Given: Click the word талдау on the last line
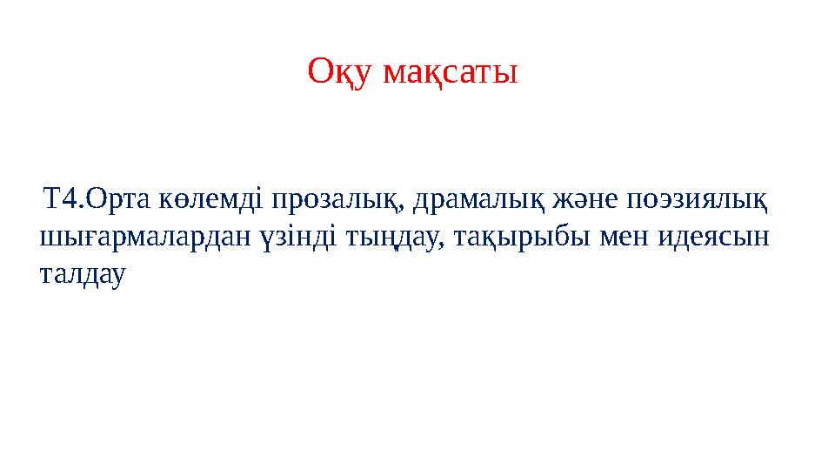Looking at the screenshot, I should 83,274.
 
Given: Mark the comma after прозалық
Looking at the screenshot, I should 405,209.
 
